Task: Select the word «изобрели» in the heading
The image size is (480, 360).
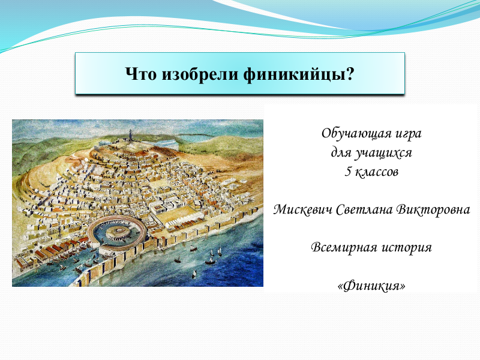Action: pyautogui.click(x=200, y=74)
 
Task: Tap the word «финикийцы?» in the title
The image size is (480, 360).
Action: pyautogui.click(x=299, y=74)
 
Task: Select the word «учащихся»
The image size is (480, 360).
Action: pyautogui.click(x=383, y=153)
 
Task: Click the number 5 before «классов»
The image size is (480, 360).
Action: pyautogui.click(x=348, y=172)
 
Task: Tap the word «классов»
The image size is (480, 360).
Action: pyautogui.click(x=377, y=172)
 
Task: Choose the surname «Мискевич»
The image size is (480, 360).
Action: pyautogui.click(x=302, y=209)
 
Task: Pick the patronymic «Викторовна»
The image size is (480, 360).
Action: pyautogui.click(x=433, y=209)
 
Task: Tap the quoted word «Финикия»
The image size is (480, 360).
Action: pyautogui.click(x=371, y=286)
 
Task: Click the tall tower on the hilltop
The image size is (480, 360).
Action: pyautogui.click(x=131, y=136)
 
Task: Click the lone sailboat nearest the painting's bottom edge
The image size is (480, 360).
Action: pyautogui.click(x=194, y=274)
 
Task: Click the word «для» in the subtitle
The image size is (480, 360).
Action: pyautogui.click(x=341, y=153)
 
